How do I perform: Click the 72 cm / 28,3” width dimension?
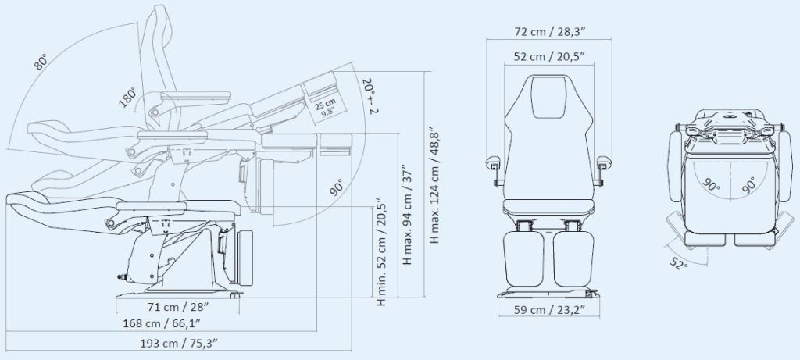coord(549,31)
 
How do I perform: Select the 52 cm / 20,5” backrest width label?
coord(549,56)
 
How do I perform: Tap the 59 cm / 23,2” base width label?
coord(549,309)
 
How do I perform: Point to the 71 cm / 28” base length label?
coord(178,307)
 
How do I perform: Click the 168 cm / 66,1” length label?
coord(162,323)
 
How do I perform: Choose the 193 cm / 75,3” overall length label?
coord(179,343)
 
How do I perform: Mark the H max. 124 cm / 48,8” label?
coord(434,185)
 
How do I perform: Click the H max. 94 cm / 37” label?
coord(407,214)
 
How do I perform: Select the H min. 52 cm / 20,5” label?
coord(381,252)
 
